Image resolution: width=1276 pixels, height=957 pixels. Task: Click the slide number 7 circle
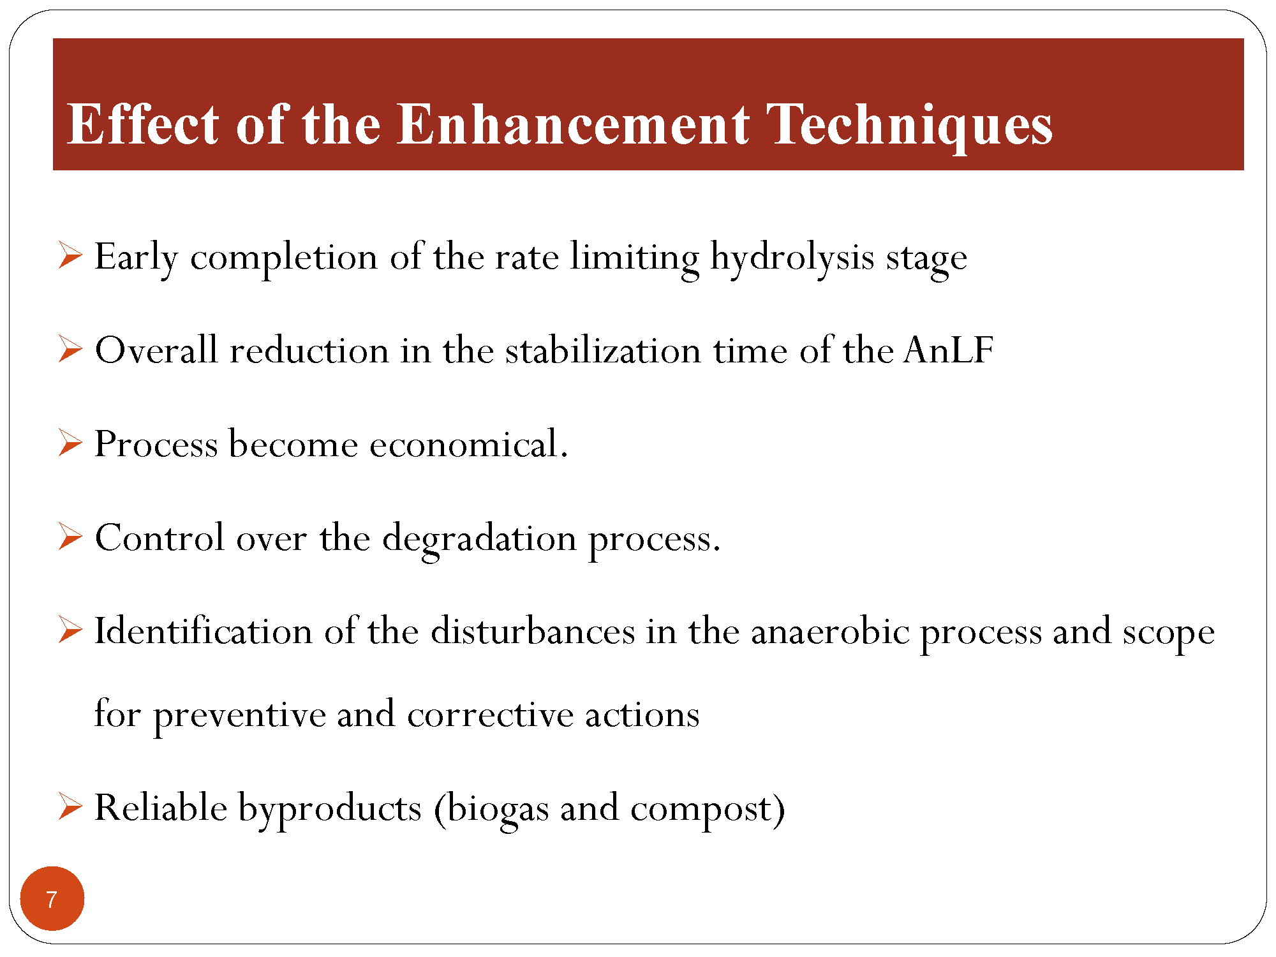52,898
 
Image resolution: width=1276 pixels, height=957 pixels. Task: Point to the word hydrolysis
792,258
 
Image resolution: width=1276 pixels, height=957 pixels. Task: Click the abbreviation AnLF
948,350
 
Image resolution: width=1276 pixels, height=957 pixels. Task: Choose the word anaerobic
830,632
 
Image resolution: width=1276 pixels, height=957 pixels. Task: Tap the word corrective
490,714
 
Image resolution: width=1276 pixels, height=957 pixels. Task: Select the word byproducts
330,809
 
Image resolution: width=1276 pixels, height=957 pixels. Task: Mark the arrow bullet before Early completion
70,255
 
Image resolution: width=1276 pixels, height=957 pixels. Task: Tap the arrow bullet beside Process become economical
70,442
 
